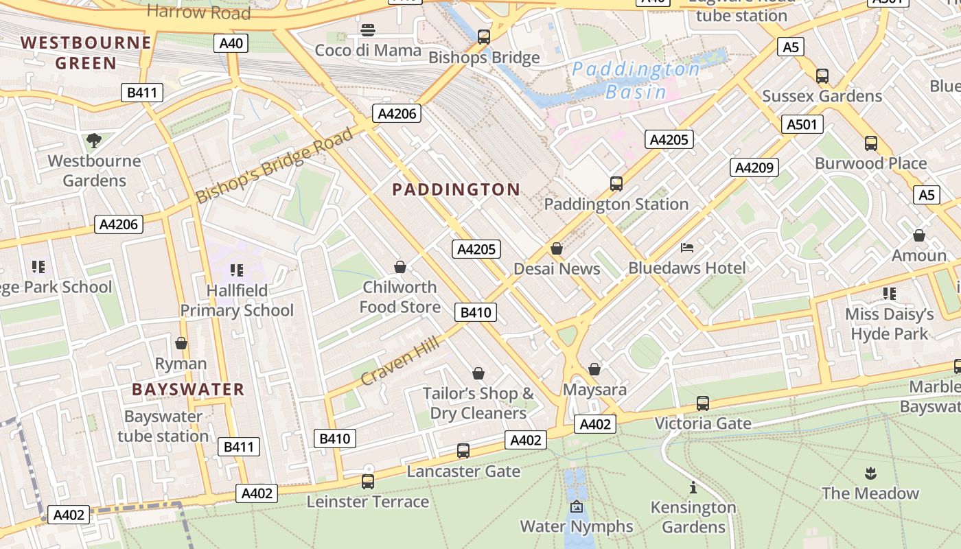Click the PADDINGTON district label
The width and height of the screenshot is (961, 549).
456,190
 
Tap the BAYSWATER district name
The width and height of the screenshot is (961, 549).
188,390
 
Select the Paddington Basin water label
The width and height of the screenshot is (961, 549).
636,80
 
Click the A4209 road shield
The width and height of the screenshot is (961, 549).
754,167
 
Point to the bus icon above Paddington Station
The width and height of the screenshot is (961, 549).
616,184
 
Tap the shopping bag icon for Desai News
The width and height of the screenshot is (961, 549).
557,248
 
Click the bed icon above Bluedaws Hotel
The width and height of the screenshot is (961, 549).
687,248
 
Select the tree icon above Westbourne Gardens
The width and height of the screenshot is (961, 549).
94,141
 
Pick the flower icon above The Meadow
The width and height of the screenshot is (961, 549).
870,473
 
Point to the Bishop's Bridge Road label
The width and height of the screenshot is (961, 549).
275,165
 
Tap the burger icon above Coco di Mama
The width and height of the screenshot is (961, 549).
368,30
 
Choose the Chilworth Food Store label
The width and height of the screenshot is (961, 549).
400,296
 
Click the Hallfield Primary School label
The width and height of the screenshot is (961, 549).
237,301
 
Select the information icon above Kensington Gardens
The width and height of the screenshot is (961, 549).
693,488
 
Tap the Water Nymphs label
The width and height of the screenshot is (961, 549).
576,526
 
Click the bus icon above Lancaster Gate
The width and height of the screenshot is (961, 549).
463,451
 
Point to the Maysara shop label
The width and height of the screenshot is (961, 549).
594,390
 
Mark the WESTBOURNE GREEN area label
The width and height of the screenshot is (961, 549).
86,53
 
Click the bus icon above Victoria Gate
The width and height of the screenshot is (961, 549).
702,404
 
